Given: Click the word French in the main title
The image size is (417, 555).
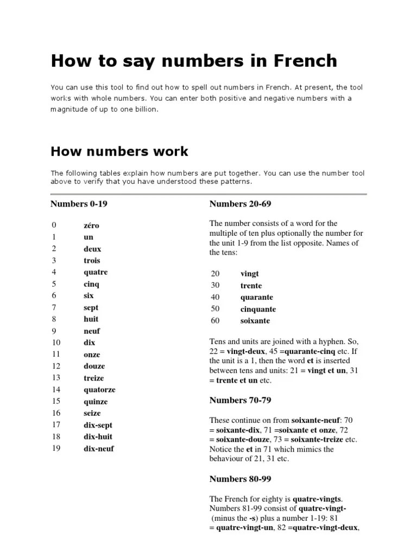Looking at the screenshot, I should tap(300, 61).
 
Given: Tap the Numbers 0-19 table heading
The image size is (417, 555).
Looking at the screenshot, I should tap(83, 204).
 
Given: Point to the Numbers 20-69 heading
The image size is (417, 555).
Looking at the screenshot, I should tap(240, 204).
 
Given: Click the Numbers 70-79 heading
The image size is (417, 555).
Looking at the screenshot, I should tap(240, 400).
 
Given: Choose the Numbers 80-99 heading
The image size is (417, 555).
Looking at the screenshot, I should tap(240, 479).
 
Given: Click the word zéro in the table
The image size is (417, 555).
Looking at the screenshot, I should tap(91, 225).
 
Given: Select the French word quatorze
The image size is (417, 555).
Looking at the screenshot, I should tap(99, 390).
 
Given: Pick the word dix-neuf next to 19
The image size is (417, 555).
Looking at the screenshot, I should tap(99, 449).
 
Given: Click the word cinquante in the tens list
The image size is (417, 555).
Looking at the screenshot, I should tap(258, 309).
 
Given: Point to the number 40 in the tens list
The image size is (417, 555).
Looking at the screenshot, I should tap(216, 298).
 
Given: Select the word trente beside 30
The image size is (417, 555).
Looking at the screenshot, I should tap(251, 286).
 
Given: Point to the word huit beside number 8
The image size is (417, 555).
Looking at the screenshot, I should tap(91, 319).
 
